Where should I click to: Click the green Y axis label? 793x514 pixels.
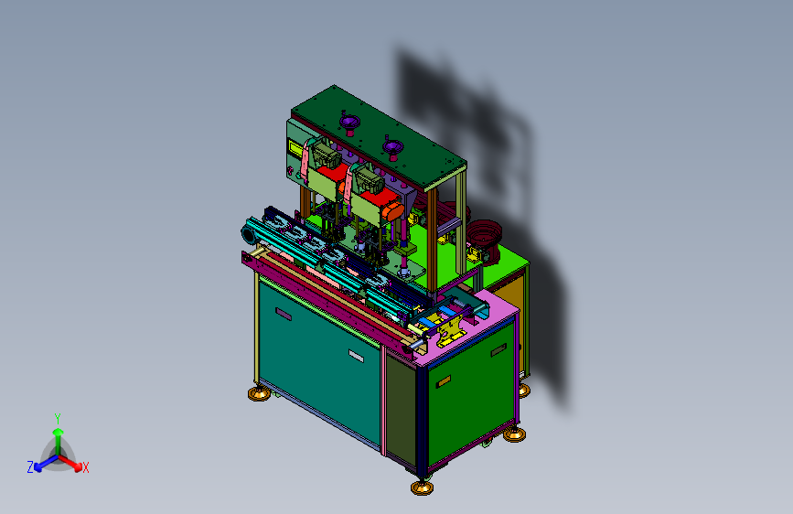(58, 419)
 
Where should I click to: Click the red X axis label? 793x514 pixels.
(86, 467)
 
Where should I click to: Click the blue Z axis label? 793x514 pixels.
(30, 467)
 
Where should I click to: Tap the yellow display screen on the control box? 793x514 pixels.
(295, 148)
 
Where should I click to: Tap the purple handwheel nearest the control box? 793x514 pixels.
(349, 123)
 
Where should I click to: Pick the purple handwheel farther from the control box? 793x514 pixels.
(392, 148)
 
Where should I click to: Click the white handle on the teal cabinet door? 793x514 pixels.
(356, 356)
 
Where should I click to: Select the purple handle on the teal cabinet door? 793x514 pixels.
(284, 315)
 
